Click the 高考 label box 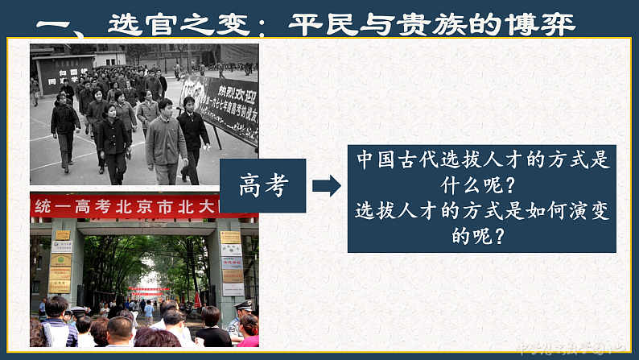point(262,186)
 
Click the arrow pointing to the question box point(325,186)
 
